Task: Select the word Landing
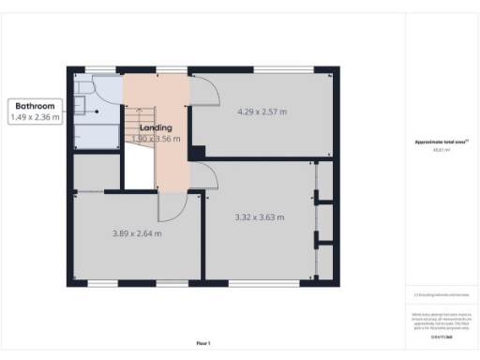click(155, 127)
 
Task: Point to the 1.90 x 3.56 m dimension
click(156, 139)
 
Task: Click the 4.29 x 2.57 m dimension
click(262, 112)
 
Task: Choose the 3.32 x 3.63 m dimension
click(259, 217)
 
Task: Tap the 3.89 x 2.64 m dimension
click(137, 233)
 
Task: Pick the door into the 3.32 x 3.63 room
click(205, 175)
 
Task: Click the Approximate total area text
click(441, 142)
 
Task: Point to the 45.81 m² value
click(441, 149)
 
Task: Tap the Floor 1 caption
click(202, 343)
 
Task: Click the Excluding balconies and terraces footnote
click(441, 293)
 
